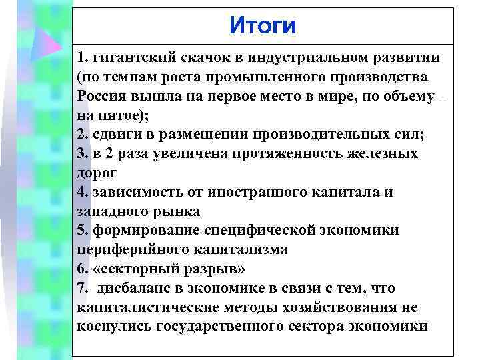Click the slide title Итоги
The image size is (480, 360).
tap(262, 26)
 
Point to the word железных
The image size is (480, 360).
tap(379, 153)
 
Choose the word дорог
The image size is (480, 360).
tap(97, 173)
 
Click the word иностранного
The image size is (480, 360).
tap(250, 192)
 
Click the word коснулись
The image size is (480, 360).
tap(114, 327)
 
